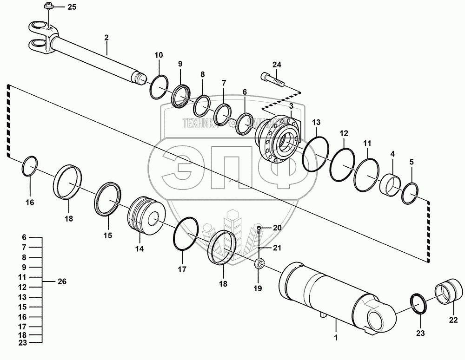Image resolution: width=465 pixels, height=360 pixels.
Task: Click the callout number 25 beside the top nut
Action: pyautogui.click(x=71, y=7)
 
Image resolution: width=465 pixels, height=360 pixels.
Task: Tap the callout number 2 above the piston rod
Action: pyautogui.click(x=106, y=37)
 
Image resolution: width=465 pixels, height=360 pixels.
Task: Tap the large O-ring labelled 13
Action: pyautogui.click(x=316, y=153)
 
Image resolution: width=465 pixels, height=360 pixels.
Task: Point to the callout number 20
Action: pyautogui.click(x=277, y=228)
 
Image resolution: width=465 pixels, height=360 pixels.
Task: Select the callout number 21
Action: pyautogui.click(x=277, y=248)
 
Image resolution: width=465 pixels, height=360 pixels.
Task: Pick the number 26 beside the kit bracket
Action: pyautogui.click(x=62, y=281)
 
